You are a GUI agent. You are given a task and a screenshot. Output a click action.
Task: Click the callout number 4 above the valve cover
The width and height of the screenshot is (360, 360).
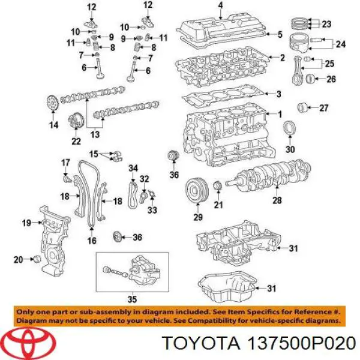click(220, 7)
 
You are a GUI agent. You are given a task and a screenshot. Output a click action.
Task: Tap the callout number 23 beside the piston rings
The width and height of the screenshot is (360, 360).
click(326, 25)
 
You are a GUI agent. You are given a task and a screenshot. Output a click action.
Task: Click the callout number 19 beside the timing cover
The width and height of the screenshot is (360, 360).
click(26, 223)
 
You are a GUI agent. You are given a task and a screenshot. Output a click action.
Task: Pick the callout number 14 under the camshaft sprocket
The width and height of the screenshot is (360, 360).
click(54, 125)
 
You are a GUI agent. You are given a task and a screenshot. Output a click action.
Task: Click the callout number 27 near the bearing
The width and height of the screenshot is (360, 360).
click(325, 109)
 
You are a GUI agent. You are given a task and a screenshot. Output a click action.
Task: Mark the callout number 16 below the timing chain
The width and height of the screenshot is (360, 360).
click(92, 241)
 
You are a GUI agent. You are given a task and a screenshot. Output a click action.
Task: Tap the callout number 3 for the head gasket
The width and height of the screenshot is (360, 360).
click(278, 94)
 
